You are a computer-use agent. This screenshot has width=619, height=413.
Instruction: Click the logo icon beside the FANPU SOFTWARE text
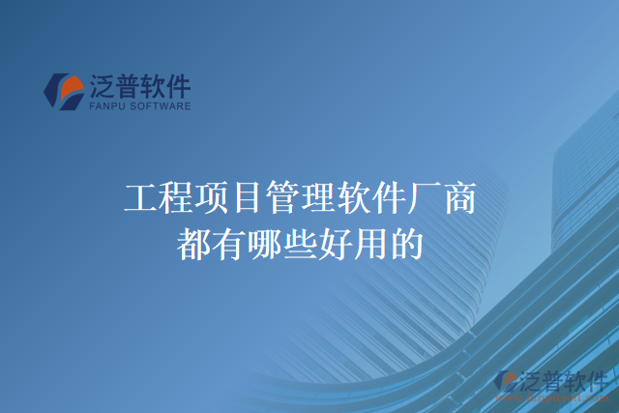coord(64,92)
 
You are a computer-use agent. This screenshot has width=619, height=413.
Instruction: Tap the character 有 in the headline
coord(229,242)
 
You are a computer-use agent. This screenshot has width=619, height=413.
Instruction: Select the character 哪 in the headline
coord(264,242)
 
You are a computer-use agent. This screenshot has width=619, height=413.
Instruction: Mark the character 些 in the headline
coord(300,242)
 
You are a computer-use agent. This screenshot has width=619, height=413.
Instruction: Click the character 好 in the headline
coord(335,242)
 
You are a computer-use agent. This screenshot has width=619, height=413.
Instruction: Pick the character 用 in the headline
coord(370,242)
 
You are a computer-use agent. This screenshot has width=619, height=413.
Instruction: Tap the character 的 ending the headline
coord(405,242)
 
